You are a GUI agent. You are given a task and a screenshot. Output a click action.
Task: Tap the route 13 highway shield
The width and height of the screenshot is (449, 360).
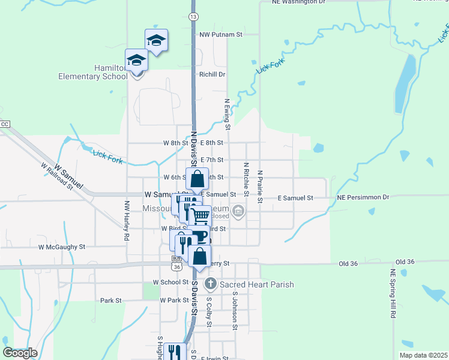[193, 16]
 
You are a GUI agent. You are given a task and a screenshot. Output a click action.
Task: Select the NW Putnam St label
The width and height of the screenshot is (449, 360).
[221, 35]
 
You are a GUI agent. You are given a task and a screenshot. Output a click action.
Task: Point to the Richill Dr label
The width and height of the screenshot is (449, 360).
[212, 74]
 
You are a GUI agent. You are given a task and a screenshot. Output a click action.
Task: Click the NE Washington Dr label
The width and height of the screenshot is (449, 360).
[298, 2]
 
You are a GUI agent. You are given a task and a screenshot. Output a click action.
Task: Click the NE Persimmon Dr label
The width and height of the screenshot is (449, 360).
[363, 197]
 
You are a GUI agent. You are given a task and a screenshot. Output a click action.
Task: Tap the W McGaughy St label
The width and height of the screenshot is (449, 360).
[62, 247]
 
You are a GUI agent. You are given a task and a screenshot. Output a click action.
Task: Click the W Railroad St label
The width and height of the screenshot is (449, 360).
[57, 176]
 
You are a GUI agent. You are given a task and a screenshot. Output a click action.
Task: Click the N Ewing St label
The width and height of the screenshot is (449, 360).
[228, 115]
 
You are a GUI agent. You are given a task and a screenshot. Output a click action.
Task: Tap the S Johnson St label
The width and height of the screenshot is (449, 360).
[235, 310]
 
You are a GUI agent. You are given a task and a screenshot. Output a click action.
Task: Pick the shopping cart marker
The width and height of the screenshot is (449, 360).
[200, 215]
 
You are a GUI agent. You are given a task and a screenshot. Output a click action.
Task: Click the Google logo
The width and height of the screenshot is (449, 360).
[20, 353]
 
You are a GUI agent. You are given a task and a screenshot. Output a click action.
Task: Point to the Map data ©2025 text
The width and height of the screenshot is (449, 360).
[423, 355]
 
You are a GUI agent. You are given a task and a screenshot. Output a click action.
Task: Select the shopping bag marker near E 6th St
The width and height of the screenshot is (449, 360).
[197, 178]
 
